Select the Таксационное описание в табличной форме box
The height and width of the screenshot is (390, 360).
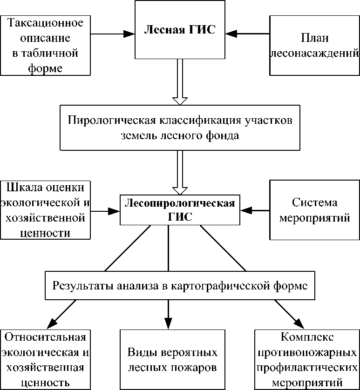45,45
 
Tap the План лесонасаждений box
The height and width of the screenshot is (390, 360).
315,45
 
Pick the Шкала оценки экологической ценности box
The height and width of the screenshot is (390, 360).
45,210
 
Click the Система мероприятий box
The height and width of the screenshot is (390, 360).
315,210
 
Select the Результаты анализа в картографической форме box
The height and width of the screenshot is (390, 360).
179,285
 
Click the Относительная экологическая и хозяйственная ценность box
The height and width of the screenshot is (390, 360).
45,360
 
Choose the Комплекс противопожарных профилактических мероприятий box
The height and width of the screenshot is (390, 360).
307,360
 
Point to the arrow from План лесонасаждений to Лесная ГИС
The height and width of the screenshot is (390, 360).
247,34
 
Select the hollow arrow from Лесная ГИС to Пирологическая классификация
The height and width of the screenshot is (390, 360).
179,84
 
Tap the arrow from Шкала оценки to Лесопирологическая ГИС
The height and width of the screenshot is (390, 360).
105,210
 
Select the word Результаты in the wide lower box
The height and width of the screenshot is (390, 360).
79,285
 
